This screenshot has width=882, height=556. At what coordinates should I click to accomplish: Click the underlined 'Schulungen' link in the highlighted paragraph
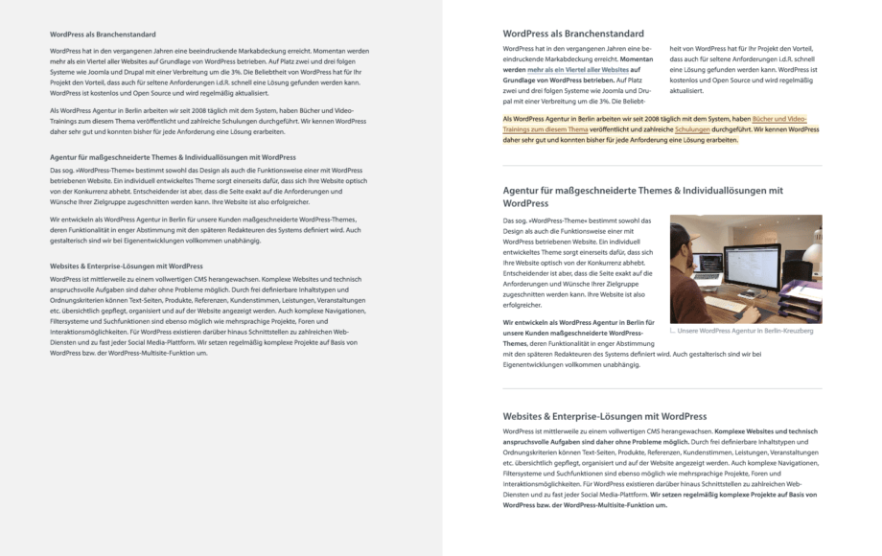693,128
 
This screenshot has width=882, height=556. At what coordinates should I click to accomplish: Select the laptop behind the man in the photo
710,264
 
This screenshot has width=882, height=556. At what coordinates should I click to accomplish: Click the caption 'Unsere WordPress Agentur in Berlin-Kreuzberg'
745,331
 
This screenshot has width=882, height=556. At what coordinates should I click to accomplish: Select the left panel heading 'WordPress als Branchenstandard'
103,35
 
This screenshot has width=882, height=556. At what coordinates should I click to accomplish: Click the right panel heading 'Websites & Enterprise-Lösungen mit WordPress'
604,417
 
